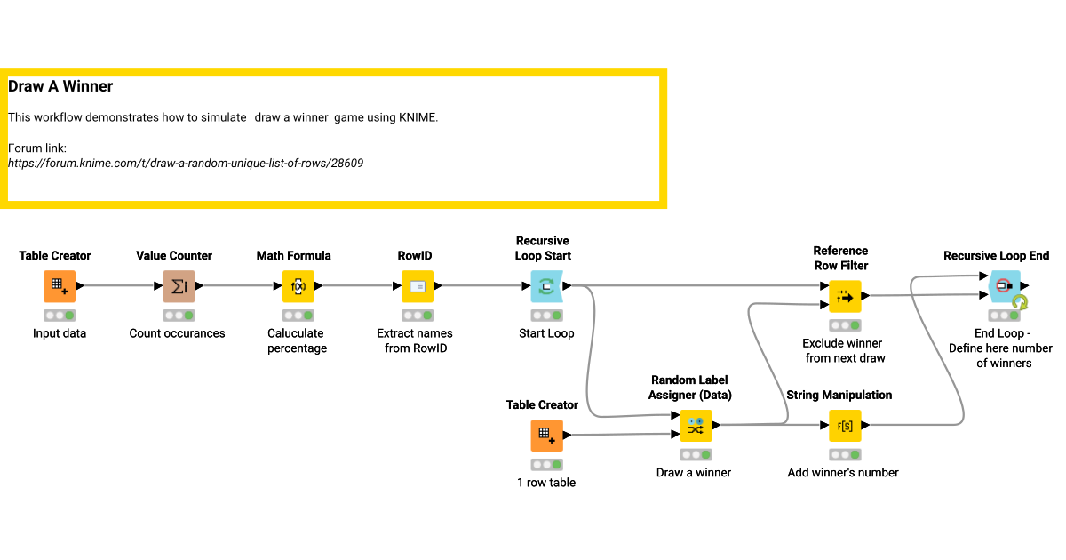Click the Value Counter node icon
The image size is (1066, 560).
(x=179, y=286)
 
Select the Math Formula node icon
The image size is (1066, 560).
(x=298, y=286)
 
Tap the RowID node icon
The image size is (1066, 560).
(x=418, y=286)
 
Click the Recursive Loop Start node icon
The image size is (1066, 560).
(x=546, y=286)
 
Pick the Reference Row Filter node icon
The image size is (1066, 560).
(x=845, y=296)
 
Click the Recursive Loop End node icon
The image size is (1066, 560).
(x=1005, y=286)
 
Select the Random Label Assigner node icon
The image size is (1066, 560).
(x=695, y=426)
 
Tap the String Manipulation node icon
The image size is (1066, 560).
(x=845, y=426)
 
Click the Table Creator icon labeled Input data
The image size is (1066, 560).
(x=60, y=286)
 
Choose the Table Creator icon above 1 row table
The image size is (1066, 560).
(x=546, y=436)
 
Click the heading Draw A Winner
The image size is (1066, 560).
(x=60, y=87)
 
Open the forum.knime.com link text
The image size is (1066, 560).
(x=186, y=164)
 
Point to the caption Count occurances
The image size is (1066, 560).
(x=177, y=333)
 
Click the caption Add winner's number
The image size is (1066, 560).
(x=843, y=473)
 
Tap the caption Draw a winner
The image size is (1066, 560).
(x=694, y=473)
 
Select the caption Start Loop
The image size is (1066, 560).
(x=546, y=333)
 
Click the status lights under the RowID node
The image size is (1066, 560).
(x=418, y=316)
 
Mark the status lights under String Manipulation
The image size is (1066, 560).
(x=845, y=455)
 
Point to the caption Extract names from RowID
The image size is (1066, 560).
(x=415, y=340)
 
